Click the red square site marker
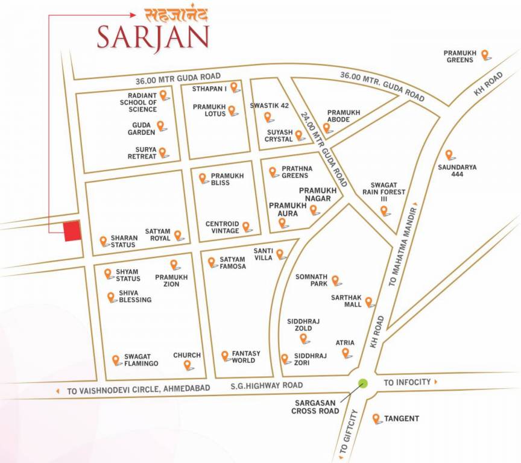coord(72,231)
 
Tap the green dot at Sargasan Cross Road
coord(363,383)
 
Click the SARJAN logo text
coord(153,37)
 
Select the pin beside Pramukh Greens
coord(484,54)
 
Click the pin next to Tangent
coord(376,418)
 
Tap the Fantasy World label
coord(246,357)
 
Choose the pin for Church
coord(188,364)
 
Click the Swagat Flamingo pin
coord(116,360)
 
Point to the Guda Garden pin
coord(161,125)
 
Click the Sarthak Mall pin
coord(368,301)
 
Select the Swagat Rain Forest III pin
coord(384,210)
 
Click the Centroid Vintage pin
coord(246,227)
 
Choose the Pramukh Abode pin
coord(327,127)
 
